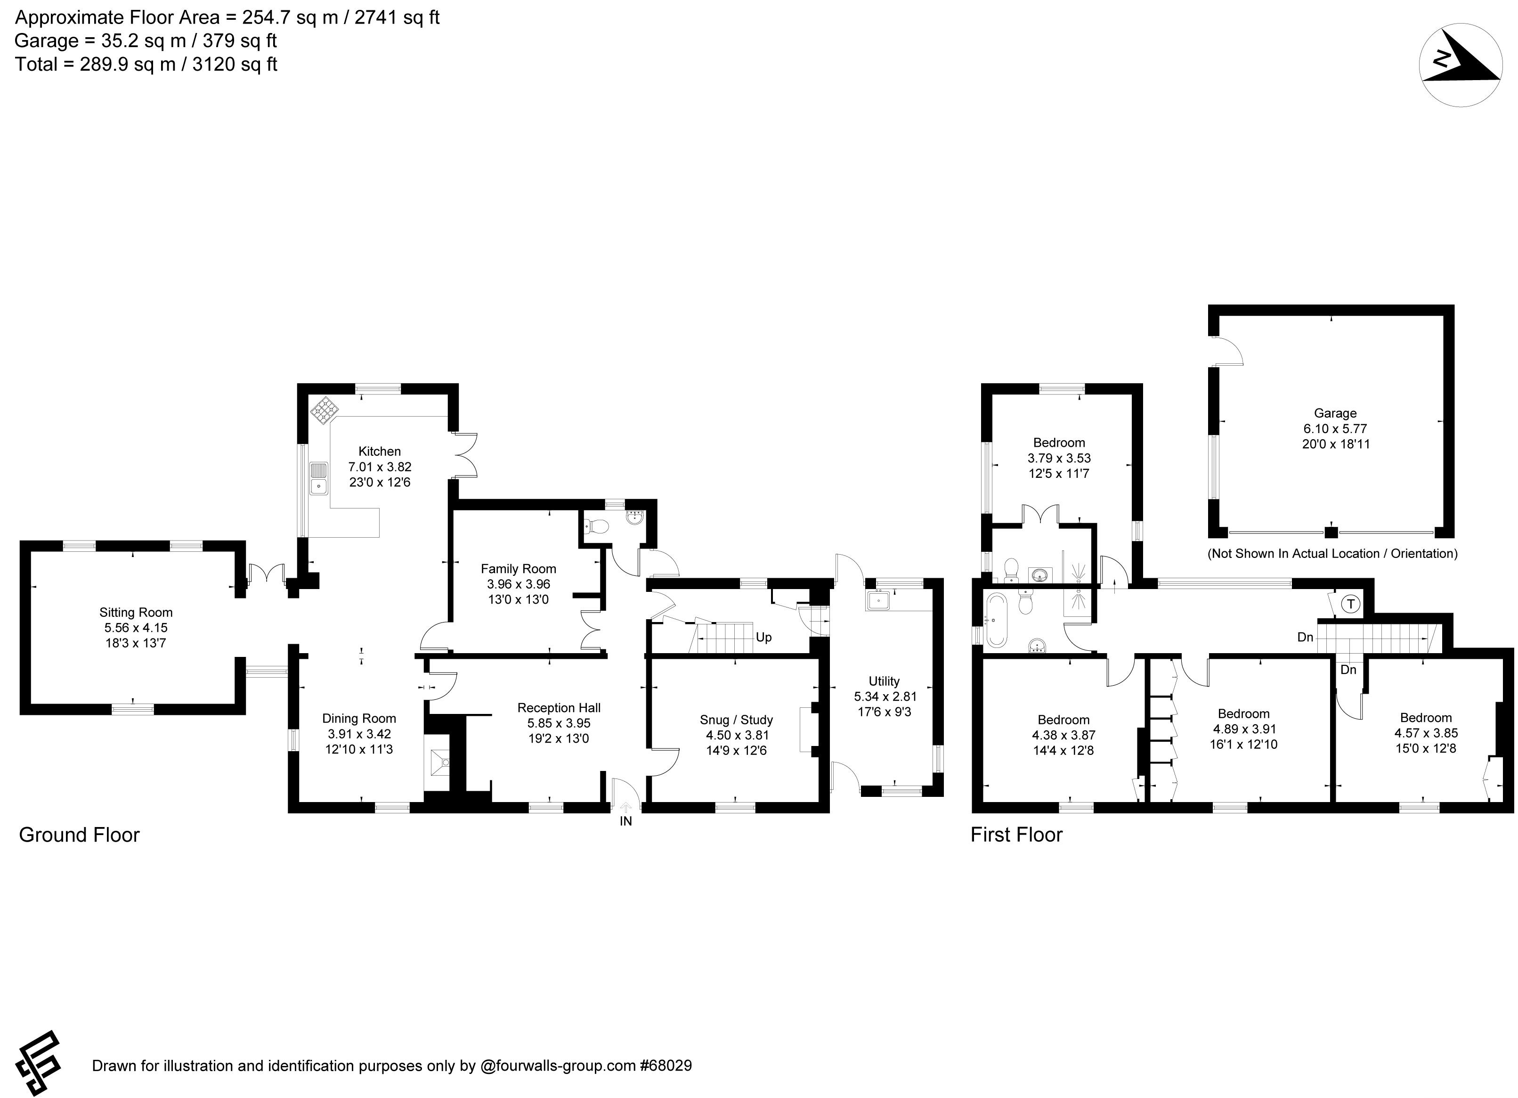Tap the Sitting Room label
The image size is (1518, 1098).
[136, 612]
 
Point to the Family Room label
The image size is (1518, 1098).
[518, 568]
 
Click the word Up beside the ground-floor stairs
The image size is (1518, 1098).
[763, 637]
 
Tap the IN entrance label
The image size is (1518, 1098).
[626, 821]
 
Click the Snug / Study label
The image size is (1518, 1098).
[736, 720]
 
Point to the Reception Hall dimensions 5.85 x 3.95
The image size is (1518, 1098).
[559, 723]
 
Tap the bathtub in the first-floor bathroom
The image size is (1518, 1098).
[995, 619]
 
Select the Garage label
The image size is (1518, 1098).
[1335, 413]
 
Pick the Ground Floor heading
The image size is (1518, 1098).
[79, 835]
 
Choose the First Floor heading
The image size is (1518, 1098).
[1017, 835]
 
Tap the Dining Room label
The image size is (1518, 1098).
[359, 718]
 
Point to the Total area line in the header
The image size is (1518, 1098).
[146, 64]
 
